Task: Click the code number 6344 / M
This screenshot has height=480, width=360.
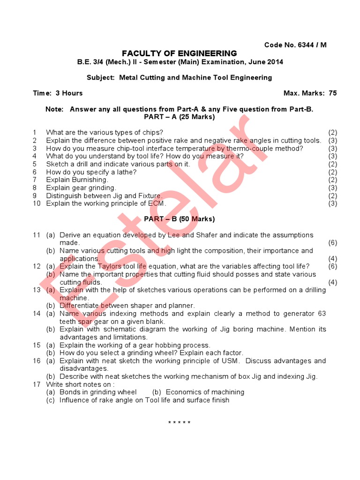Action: (312, 45)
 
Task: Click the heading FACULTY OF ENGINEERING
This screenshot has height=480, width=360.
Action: (180, 53)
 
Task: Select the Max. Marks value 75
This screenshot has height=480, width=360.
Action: (332, 93)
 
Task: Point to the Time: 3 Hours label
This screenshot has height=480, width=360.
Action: (58, 93)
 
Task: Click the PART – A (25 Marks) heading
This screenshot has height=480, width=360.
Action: (180, 117)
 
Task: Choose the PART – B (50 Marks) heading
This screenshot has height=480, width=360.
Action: (180, 219)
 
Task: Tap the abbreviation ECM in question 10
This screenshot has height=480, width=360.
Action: (157, 203)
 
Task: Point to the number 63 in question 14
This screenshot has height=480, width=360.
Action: (322, 314)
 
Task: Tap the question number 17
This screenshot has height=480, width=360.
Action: (37, 384)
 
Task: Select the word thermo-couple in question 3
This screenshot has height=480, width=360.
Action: (261, 149)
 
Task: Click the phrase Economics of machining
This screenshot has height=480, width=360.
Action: (205, 392)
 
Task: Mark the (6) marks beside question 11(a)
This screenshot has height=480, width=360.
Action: (333, 243)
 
